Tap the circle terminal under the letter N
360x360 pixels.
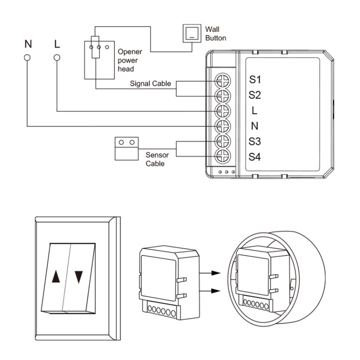27,57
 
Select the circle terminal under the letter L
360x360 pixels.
57,57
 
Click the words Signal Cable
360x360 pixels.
150,83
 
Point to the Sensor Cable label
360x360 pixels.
157,159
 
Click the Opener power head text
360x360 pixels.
129,60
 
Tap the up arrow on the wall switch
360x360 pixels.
55,277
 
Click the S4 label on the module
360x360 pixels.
255,157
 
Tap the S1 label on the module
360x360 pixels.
255,80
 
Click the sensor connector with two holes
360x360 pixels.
127,148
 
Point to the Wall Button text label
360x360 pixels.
215,34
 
